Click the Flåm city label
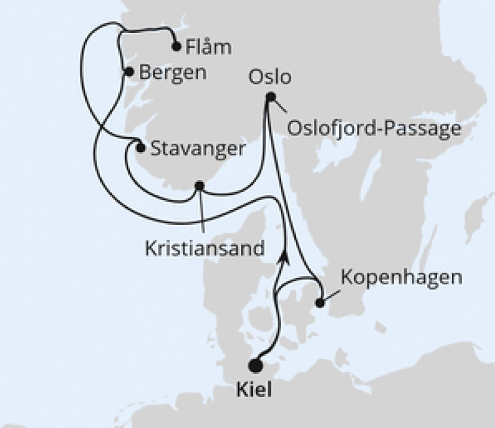207,47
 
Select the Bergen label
173,73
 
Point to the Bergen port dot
129,72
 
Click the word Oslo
269,77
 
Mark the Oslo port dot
270,97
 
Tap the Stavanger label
197,148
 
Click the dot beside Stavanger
140,148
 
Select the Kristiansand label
204,248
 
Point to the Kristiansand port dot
199,186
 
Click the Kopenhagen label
401,277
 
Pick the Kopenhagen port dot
320,302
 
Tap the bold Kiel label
254,390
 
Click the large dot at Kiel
254,366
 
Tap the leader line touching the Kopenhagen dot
330,295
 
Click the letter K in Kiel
243,390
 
